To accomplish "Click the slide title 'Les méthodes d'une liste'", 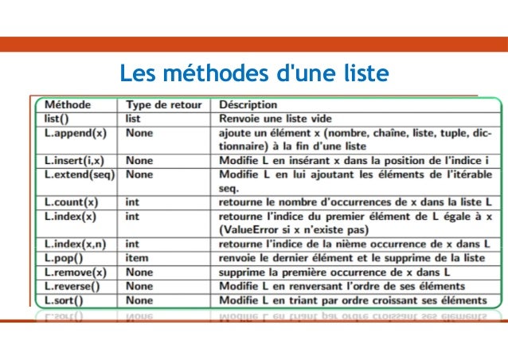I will [x=254, y=75].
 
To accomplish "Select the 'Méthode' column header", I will [x=68, y=104].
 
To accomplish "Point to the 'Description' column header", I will [x=248, y=104].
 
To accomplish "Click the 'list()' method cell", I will [x=57, y=117].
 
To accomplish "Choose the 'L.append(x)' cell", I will [x=74, y=131].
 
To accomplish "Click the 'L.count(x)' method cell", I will [x=72, y=202].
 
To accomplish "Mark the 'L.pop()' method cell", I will [x=62, y=258].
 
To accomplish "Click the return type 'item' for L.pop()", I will [x=138, y=258].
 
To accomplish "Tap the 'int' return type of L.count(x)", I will [x=133, y=202].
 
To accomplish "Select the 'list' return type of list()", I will [x=134, y=117].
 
